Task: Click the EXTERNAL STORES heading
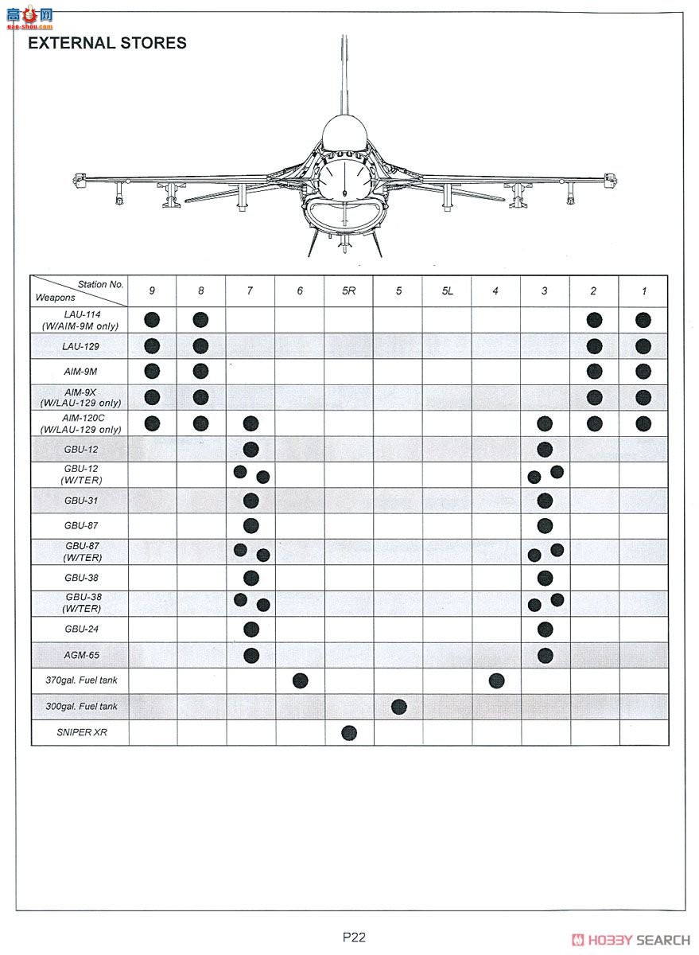click(107, 43)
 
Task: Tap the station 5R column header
click(348, 291)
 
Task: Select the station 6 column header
click(300, 291)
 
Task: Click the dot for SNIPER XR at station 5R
click(348, 732)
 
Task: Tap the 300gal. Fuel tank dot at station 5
click(399, 707)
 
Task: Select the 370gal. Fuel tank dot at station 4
click(496, 680)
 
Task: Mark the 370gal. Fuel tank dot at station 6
click(300, 680)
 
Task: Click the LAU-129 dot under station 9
click(152, 346)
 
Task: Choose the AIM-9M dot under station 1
click(643, 372)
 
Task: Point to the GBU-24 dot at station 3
click(545, 630)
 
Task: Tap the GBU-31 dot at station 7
click(251, 501)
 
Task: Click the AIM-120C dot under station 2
click(594, 423)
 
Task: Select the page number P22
click(354, 937)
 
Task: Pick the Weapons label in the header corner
click(55, 298)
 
